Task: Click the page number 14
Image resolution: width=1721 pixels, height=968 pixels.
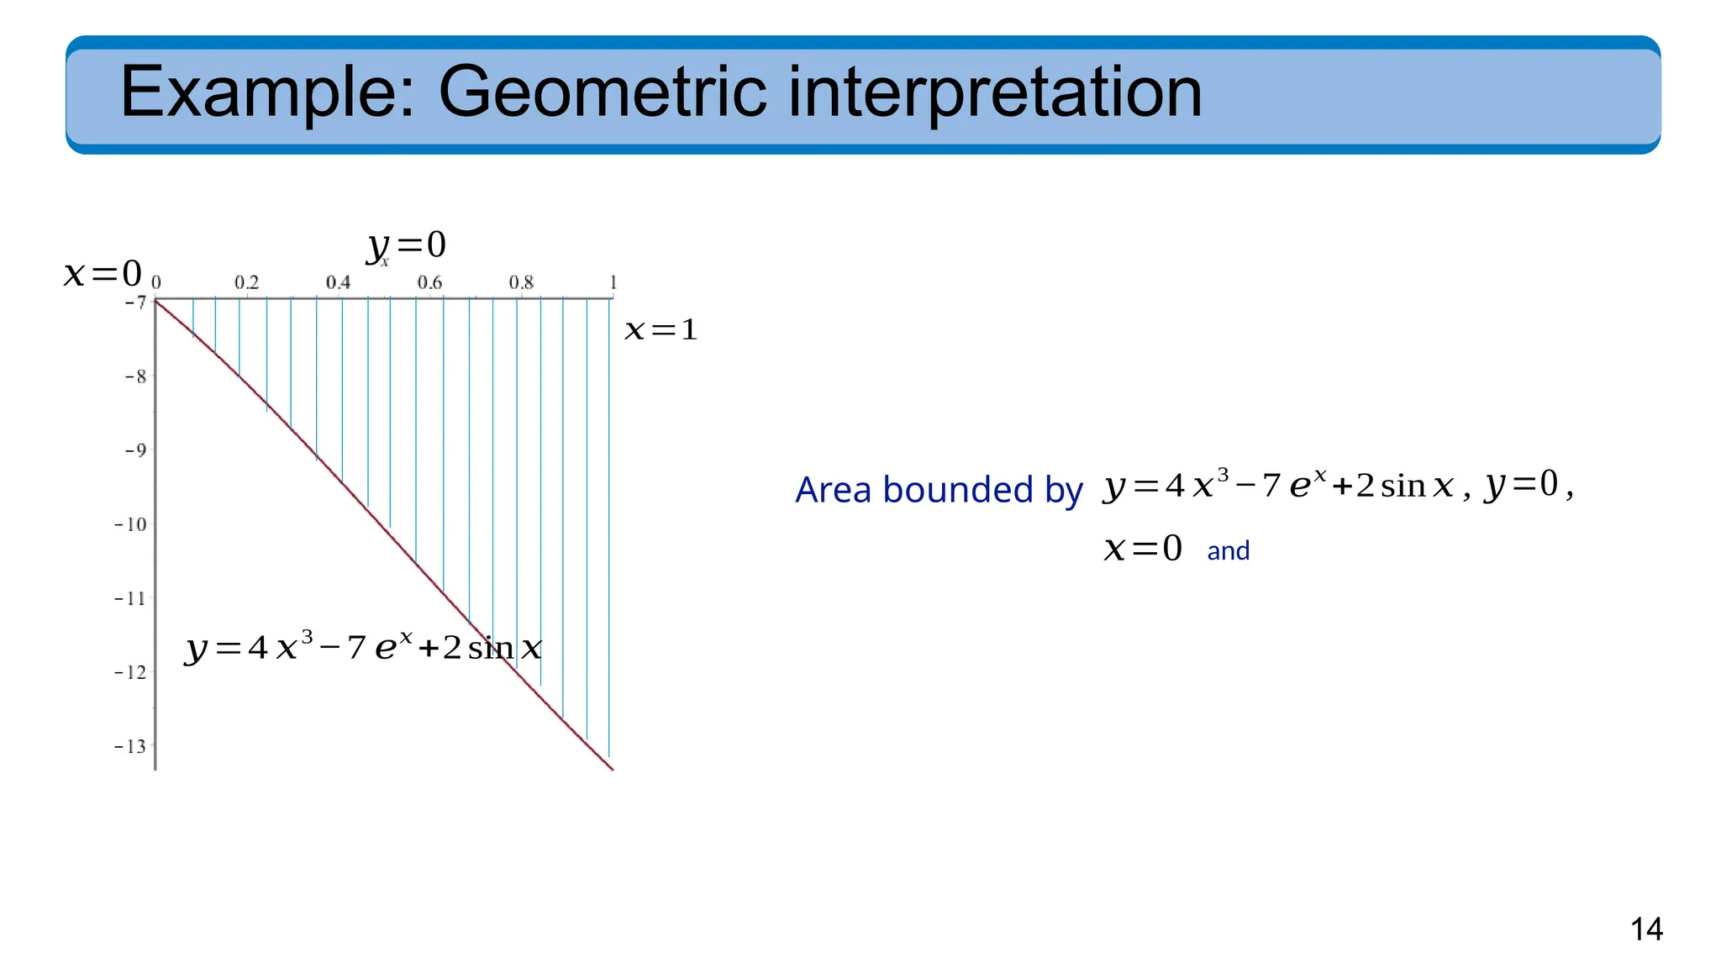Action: point(1645,929)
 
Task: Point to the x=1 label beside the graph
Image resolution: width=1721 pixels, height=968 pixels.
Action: point(661,330)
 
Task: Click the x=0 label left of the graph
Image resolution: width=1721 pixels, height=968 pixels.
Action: point(103,274)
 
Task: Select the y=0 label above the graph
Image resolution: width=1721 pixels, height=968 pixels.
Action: point(407,245)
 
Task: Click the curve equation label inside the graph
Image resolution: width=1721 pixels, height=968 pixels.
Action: point(363,648)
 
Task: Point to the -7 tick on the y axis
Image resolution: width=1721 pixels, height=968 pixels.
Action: point(135,302)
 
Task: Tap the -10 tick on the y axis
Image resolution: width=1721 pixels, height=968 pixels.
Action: point(131,524)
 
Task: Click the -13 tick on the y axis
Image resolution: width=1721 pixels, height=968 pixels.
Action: point(131,746)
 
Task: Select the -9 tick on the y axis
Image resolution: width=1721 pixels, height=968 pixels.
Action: point(135,450)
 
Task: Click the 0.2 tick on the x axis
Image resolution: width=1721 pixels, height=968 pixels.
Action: point(246,282)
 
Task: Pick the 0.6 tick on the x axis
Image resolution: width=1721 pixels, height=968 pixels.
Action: point(429,282)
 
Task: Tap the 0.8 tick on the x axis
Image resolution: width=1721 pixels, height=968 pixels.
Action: point(521,282)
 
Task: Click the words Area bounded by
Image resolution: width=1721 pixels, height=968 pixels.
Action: point(938,490)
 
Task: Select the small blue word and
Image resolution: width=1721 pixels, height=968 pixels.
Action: point(1228,551)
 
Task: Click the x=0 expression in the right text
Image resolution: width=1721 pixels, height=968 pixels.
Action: point(1143,549)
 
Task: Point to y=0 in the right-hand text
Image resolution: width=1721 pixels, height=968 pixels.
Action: point(1522,484)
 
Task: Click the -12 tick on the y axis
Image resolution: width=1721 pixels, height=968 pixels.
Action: point(131,672)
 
